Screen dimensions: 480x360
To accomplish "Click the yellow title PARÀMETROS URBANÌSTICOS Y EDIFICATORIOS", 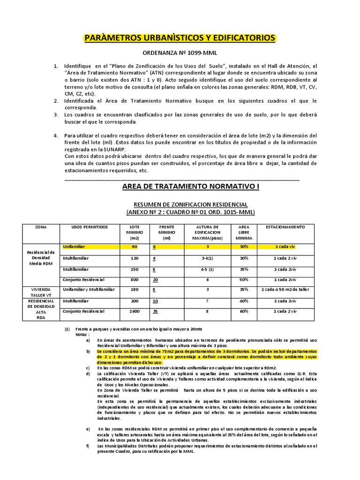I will (180, 37).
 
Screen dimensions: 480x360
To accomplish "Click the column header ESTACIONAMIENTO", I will (285, 227).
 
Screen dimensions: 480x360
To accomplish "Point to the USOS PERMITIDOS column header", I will (90, 227).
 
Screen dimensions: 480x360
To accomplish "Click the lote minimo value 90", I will (135, 246).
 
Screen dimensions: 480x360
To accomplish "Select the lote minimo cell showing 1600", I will (135, 311).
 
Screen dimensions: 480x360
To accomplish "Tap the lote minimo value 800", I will (135, 279).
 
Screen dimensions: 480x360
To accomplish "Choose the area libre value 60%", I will (244, 311).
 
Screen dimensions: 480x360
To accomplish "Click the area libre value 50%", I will (244, 279).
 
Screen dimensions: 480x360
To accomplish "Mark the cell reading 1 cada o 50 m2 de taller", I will (285, 290).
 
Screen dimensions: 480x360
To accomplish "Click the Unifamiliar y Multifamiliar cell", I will (89, 290).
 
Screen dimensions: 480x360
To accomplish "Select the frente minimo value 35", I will (155, 311).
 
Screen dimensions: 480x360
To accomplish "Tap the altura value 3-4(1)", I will (207, 258).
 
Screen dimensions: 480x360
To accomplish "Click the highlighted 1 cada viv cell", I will (285, 246).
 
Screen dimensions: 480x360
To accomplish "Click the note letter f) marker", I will (88, 446).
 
